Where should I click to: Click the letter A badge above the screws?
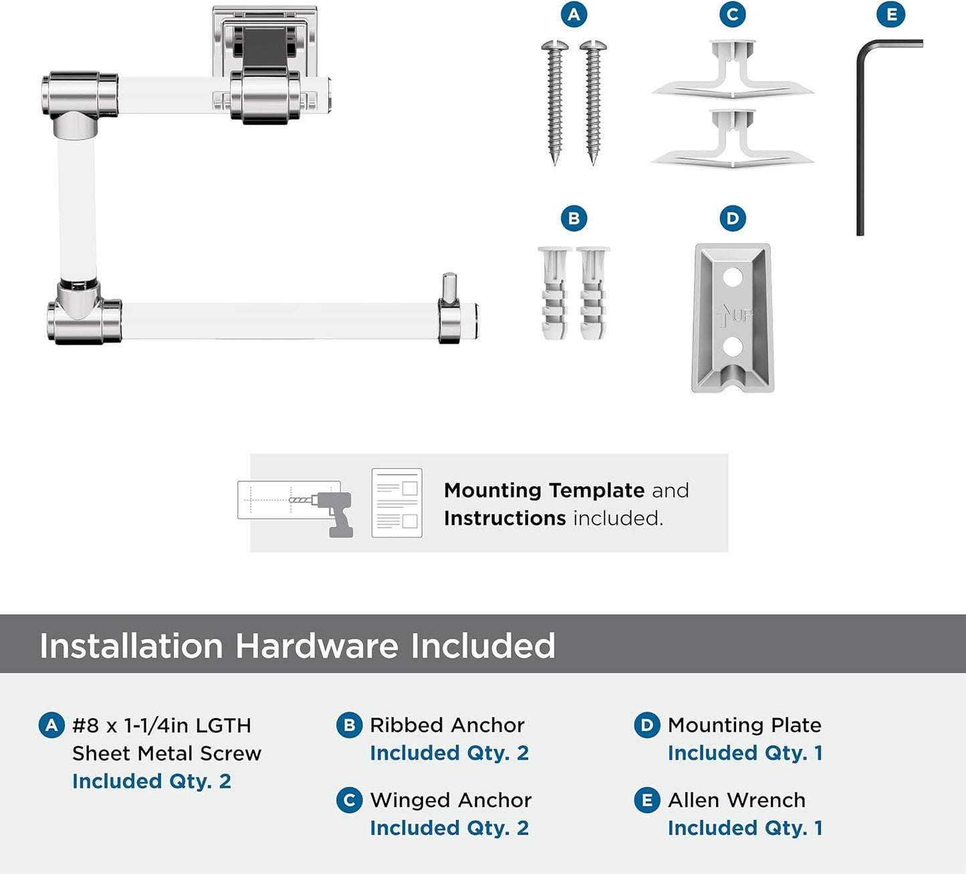pyautogui.click(x=574, y=15)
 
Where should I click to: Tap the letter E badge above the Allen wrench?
pyautogui.click(x=890, y=15)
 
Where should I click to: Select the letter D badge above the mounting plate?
pyautogui.click(x=732, y=218)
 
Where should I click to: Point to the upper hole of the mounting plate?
pyautogui.click(x=733, y=278)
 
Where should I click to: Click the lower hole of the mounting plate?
pyautogui.click(x=733, y=347)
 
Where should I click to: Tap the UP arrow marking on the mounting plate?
pyautogui.click(x=722, y=316)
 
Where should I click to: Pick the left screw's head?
pyautogui.click(x=555, y=46)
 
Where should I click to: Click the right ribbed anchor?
pyautogui.click(x=593, y=294)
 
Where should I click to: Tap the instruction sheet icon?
pyautogui.click(x=397, y=502)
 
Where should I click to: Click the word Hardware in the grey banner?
pyautogui.click(x=316, y=645)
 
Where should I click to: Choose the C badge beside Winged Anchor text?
pyautogui.click(x=349, y=800)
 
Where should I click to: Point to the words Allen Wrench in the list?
pyautogui.click(x=736, y=800)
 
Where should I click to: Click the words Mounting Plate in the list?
pyautogui.click(x=745, y=725)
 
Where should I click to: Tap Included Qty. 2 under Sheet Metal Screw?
pyautogui.click(x=152, y=781)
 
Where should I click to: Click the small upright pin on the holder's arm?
pyautogui.click(x=449, y=288)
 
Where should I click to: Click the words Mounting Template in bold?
pyautogui.click(x=544, y=490)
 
